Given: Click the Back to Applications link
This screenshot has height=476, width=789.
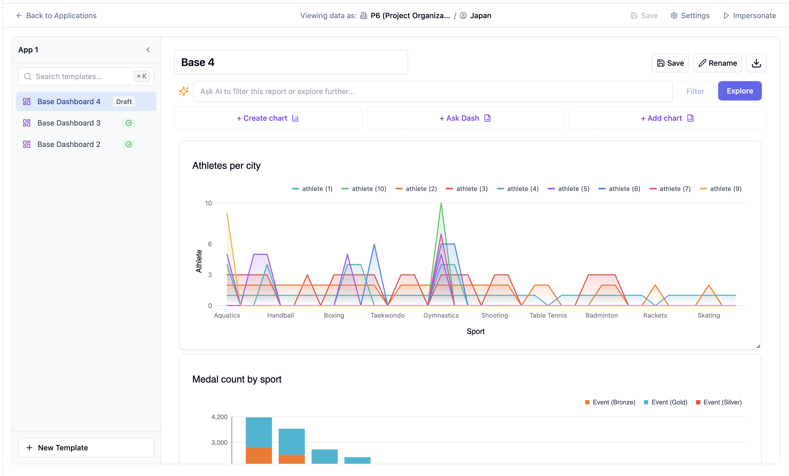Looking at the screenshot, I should coord(56,15).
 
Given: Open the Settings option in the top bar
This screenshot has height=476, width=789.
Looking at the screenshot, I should coord(690,15).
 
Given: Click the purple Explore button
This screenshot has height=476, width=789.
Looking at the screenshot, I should coord(739,91).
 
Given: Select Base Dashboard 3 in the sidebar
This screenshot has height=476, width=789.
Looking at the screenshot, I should coord(69,123).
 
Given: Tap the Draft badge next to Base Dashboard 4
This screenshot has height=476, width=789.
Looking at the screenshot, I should coord(124,102).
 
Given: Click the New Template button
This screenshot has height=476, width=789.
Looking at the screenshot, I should coord(86,447).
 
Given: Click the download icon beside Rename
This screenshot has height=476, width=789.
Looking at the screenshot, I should coord(756,63).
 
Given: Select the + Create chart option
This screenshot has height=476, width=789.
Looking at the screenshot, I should coord(268,118).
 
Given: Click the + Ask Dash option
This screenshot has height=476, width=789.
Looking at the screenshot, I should coord(465,118).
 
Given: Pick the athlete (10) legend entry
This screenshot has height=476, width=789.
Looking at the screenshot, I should coord(364,189).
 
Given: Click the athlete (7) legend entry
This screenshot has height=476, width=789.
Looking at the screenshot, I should coord(670,189).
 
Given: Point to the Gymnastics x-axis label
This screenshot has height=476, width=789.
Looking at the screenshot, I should coord(441,315).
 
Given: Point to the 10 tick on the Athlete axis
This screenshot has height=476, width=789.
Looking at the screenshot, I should coord(208,203).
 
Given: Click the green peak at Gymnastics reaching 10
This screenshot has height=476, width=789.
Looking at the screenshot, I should coord(441,204).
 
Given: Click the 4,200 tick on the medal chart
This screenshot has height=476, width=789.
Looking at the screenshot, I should coord(219,417).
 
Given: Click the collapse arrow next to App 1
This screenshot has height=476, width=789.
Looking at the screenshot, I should coord(148,50).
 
